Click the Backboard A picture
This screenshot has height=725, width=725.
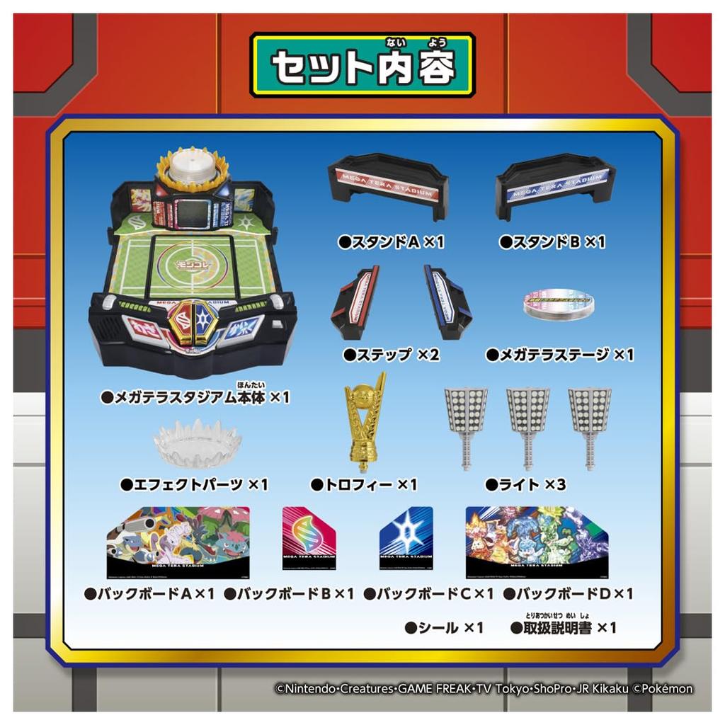(178, 542)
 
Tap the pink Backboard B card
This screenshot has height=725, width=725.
(308, 542)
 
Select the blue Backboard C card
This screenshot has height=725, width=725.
(406, 542)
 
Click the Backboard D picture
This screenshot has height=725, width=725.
(539, 542)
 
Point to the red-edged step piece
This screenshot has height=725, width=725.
(356, 302)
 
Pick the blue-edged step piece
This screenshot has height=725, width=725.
(447, 302)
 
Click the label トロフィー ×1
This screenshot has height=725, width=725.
(364, 485)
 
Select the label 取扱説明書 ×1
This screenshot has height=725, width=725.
(564, 627)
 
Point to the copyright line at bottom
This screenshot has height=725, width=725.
(484, 688)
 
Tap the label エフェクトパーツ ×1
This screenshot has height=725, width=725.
(194, 485)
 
